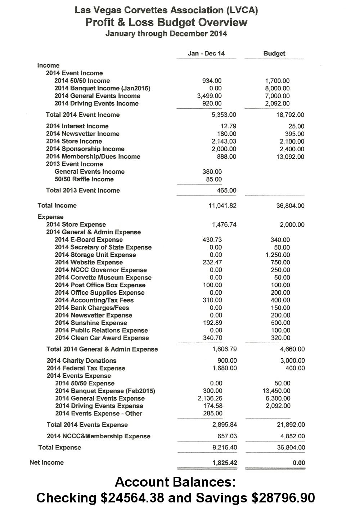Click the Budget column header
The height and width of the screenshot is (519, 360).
click(x=274, y=54)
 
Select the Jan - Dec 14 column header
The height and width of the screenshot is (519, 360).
click(x=206, y=54)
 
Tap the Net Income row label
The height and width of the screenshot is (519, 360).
click(x=46, y=462)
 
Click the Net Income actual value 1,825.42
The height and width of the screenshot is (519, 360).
click(x=225, y=463)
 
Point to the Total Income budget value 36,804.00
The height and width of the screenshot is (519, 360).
click(x=290, y=206)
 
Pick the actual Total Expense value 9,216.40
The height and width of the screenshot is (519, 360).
click(x=225, y=448)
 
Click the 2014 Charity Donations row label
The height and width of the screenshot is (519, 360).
click(x=81, y=361)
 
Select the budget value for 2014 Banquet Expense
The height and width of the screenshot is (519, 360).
click(x=276, y=391)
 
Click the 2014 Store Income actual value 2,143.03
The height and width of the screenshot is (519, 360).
click(x=224, y=141)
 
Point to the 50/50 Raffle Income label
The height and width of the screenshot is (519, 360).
click(x=84, y=179)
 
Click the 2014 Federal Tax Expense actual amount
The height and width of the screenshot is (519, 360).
click(x=225, y=368)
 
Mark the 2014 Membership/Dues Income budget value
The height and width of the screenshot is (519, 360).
click(x=290, y=157)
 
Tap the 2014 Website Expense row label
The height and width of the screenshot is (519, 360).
click(x=89, y=262)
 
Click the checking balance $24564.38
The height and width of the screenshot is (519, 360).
click(x=132, y=498)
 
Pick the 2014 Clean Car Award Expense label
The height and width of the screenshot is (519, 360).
click(x=102, y=338)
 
